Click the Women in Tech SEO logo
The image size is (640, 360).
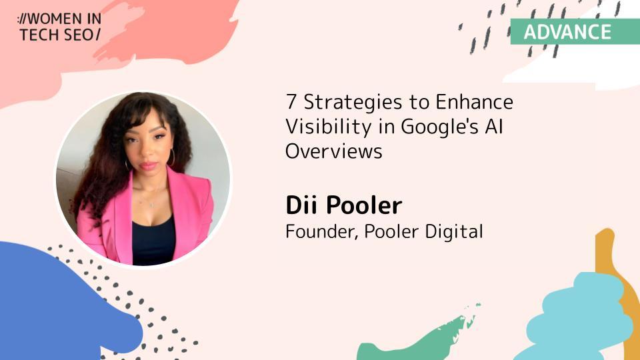59,27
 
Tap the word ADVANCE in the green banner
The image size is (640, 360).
567,32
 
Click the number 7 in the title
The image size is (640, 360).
291,101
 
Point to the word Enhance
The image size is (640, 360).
474,101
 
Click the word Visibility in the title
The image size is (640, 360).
329,127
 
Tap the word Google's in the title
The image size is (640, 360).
439,127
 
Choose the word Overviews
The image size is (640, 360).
334,151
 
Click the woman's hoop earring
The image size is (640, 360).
172,157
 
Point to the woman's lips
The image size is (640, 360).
149,165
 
